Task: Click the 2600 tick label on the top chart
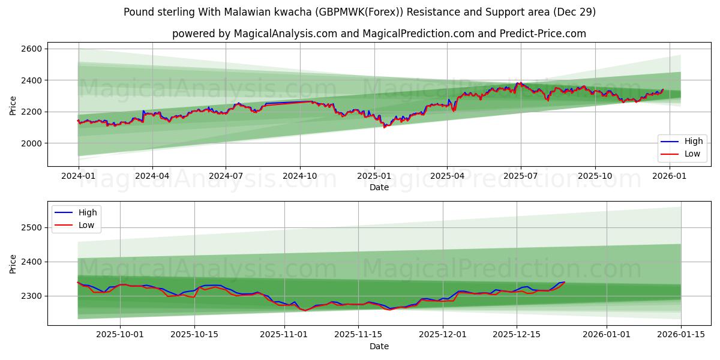(31, 49)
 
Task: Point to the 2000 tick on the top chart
(31, 143)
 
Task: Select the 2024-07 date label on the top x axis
(226, 176)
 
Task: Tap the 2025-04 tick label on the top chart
(447, 176)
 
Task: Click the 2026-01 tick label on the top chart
(669, 176)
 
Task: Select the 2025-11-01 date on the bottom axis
(281, 335)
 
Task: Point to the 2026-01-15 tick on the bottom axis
(681, 335)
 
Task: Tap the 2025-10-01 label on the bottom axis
(120, 335)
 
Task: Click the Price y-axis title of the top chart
(13, 105)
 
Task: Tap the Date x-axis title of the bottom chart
(379, 346)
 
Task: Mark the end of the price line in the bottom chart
(564, 282)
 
